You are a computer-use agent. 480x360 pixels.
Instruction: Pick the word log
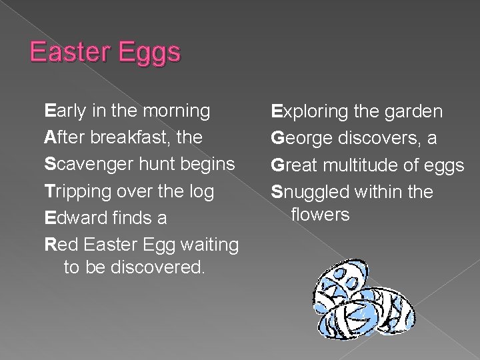[201, 191]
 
